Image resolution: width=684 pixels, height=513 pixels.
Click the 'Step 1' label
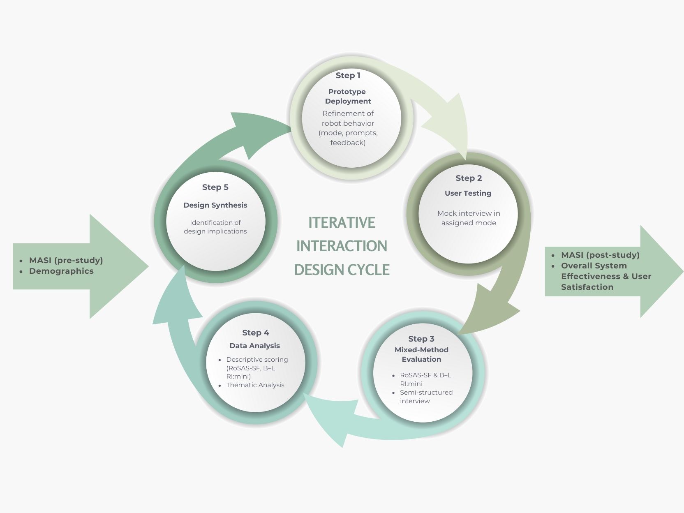(x=348, y=76)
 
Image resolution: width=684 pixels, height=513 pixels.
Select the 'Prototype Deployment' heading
(x=348, y=96)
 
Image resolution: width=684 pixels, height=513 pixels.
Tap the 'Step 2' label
(x=468, y=178)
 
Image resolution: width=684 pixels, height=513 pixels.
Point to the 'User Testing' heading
(x=468, y=193)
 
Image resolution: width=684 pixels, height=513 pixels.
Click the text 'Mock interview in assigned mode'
(x=469, y=218)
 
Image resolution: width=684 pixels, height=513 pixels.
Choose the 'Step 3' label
(x=421, y=339)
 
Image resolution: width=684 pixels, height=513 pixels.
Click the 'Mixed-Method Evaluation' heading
(x=421, y=354)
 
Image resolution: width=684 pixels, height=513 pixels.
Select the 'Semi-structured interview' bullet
(x=426, y=397)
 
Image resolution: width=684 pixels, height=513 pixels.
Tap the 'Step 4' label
(x=255, y=333)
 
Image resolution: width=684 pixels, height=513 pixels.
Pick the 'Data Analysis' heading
(x=254, y=346)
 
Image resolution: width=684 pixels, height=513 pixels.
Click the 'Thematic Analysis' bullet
(x=255, y=385)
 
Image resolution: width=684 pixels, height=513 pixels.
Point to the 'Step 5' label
(x=215, y=187)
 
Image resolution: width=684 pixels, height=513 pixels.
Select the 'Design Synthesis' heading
(x=215, y=205)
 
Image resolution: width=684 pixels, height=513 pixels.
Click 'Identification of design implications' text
(x=215, y=227)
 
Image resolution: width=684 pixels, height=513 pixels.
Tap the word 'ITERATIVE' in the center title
(x=342, y=222)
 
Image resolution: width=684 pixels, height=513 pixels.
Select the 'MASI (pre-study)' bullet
(x=66, y=260)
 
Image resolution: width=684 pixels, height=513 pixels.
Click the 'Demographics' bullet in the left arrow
(x=61, y=271)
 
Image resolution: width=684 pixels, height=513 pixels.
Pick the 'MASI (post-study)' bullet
(x=600, y=255)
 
